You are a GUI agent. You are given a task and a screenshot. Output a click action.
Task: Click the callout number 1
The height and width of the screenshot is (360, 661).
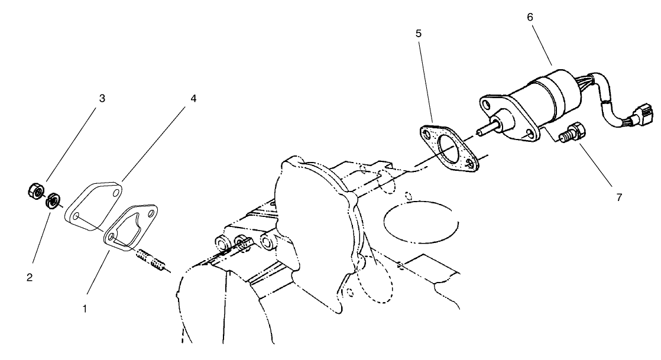85,308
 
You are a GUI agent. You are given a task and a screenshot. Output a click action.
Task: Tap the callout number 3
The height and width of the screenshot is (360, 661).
102,99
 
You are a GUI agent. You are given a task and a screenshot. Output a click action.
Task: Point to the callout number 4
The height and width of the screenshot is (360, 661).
193,99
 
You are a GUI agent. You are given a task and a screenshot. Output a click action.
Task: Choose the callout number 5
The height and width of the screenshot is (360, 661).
418,33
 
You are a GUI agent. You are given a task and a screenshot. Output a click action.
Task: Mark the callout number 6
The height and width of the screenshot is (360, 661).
530,17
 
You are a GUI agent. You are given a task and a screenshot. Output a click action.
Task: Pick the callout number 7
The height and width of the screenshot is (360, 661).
619,197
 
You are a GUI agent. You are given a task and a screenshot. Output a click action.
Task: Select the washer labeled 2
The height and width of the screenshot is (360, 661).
52,200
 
